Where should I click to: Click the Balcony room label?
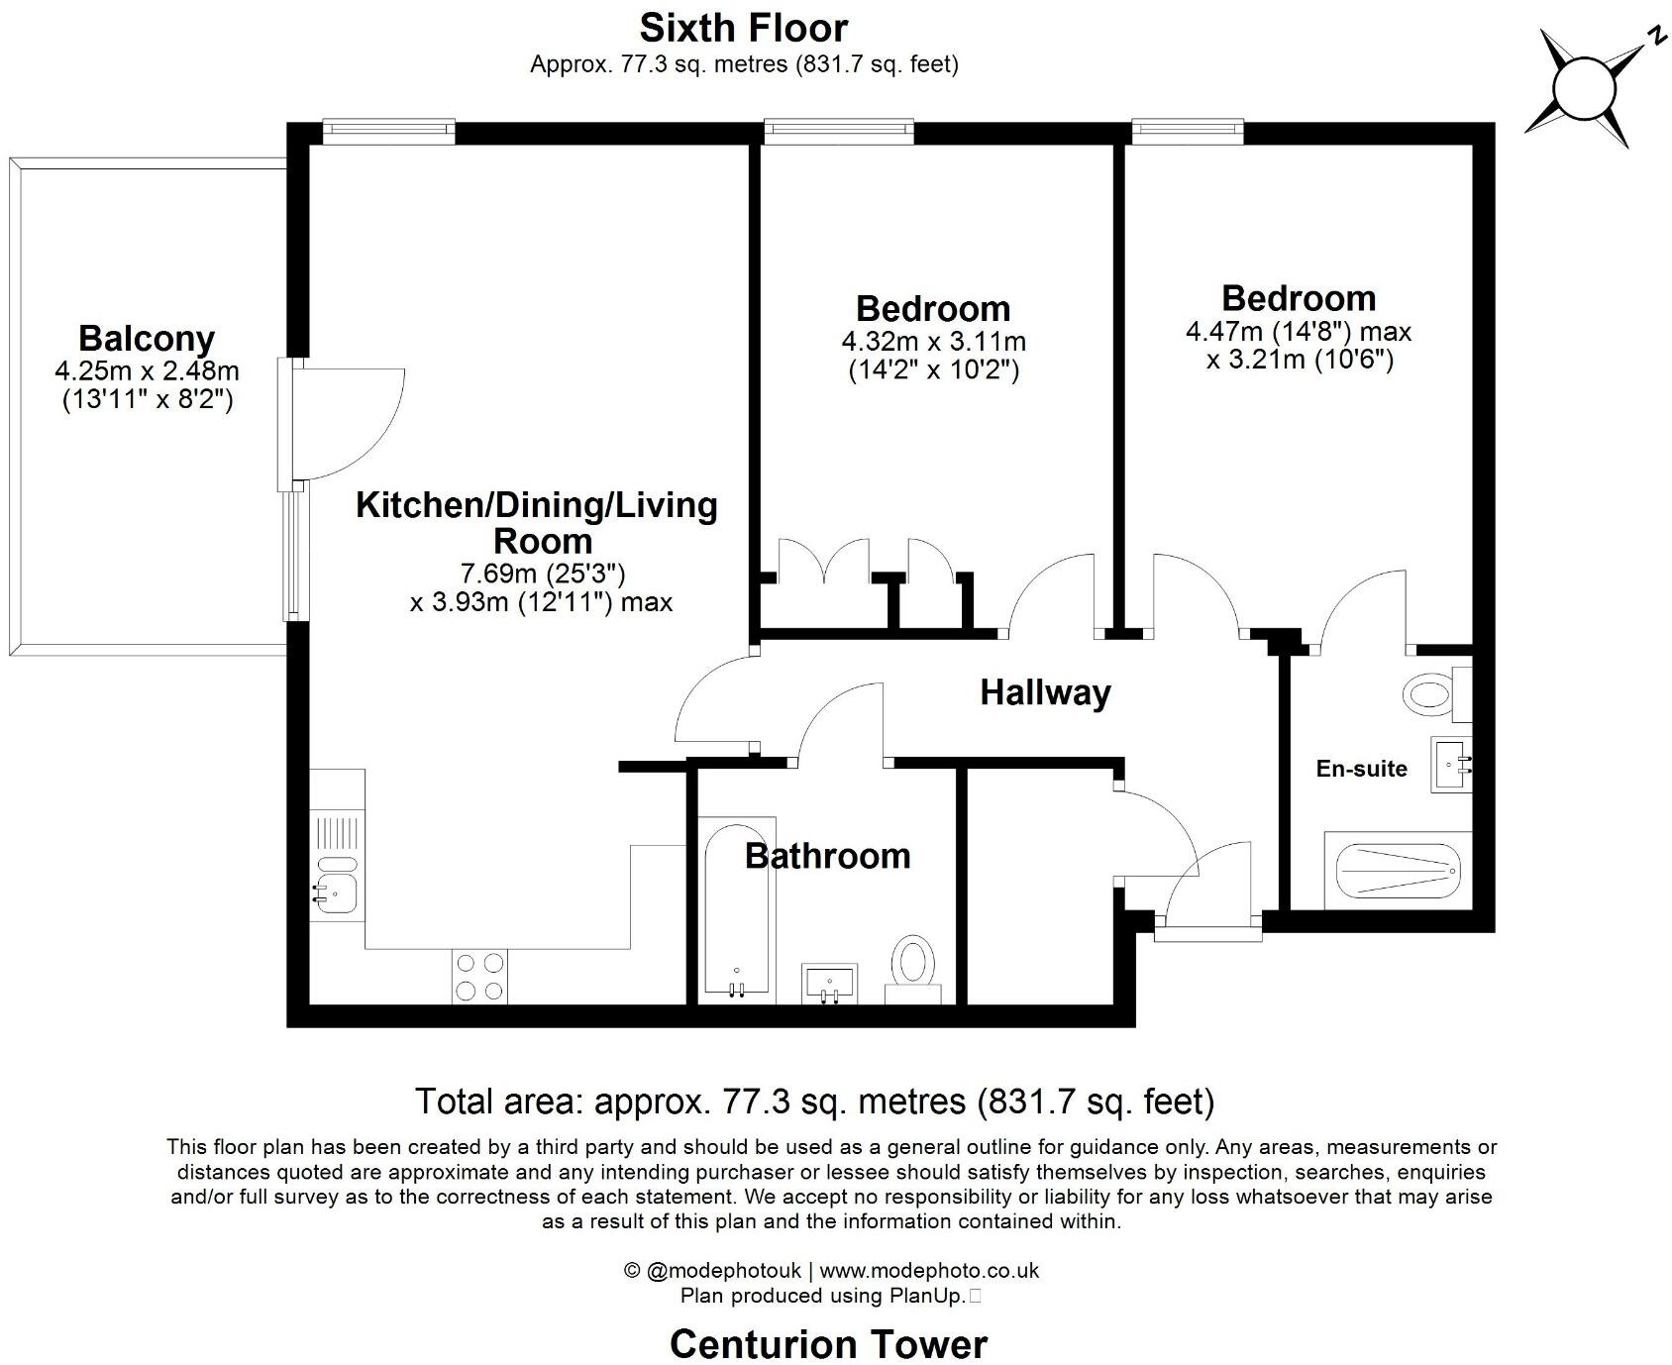[147, 339]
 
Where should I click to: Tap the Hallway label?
[1045, 692]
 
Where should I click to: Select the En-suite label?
[1361, 769]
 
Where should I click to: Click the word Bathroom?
[827, 856]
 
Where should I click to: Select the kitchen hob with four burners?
[479, 976]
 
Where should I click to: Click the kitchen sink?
[336, 891]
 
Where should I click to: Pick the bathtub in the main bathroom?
[735, 909]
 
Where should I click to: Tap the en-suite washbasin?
[1450, 765]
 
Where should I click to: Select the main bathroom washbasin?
[829, 984]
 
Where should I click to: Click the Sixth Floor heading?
[744, 27]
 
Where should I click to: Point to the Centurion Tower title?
[828, 1344]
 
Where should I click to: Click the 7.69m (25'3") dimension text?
[543, 574]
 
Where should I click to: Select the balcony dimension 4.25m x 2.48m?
[147, 371]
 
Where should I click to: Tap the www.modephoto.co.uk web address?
[929, 1270]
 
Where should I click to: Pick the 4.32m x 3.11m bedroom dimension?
[933, 343]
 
